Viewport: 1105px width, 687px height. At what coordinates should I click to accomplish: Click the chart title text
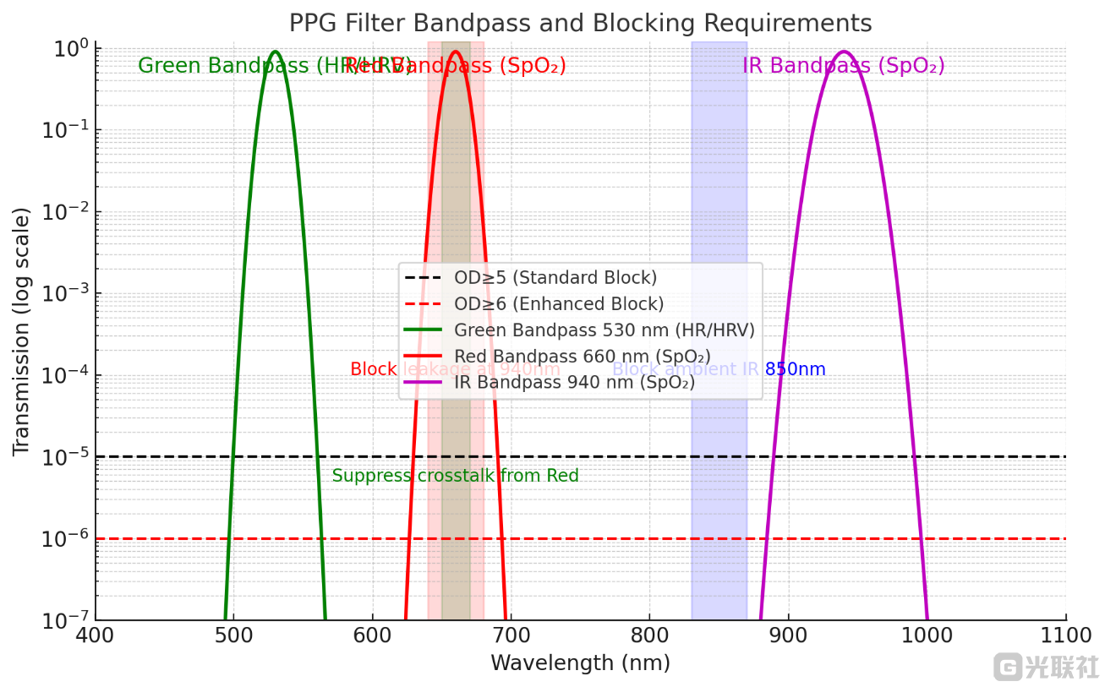coord(580,23)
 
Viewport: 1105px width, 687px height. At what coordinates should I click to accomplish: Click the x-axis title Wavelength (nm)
coord(580,663)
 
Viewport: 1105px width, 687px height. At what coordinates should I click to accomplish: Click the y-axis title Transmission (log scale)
coord(21,331)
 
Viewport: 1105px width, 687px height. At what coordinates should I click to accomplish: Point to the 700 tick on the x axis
coord(511,634)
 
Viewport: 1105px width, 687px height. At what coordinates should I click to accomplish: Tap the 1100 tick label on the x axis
coord(1065,634)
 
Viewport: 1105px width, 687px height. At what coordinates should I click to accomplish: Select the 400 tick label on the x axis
coord(95,634)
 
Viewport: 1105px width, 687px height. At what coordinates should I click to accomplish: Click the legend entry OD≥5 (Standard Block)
coord(555,278)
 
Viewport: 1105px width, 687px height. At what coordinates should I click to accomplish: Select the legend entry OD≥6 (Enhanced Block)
coord(559,304)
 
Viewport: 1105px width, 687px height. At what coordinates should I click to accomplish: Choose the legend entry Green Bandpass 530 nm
coord(604,330)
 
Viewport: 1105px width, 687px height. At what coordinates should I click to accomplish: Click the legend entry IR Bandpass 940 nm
coord(574,383)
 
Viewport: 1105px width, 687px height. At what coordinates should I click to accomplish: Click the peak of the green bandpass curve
coord(275,52)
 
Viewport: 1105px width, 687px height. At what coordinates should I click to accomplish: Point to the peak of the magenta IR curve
coord(843,52)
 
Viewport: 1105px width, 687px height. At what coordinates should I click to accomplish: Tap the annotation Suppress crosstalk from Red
coord(455,476)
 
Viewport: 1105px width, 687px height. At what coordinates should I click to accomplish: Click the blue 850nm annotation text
coord(795,369)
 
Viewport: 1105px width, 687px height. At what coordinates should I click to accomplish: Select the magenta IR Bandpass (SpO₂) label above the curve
coord(843,66)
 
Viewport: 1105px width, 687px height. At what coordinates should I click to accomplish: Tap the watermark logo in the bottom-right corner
coord(1047,667)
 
